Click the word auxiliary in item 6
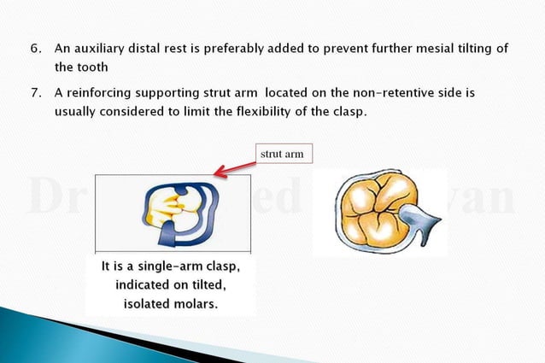[103, 49]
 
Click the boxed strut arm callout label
[284, 154]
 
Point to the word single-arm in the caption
[168, 267]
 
